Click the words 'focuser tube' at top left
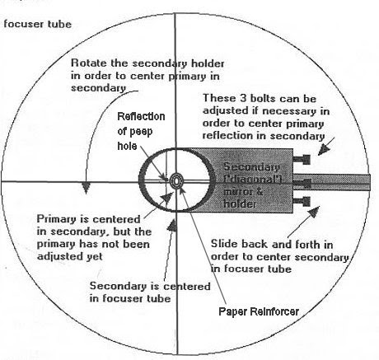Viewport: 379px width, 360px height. pyautogui.click(x=38, y=24)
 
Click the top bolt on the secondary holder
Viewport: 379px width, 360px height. pyautogui.click(x=302, y=159)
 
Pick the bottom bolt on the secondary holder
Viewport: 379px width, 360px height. pyautogui.click(x=302, y=202)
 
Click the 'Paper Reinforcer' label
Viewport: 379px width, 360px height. pyautogui.click(x=259, y=311)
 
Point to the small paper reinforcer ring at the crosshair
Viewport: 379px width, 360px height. pyautogui.click(x=175, y=181)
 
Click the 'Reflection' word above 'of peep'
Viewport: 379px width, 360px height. pyautogui.click(x=141, y=116)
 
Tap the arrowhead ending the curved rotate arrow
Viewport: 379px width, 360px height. pyautogui.click(x=86, y=188)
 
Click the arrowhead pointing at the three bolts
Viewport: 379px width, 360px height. pyautogui.click(x=324, y=149)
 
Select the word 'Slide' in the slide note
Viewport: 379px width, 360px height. pyautogui.click(x=222, y=244)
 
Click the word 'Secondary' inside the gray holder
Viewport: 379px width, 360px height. pyautogui.click(x=251, y=166)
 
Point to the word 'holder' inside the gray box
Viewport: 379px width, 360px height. pyautogui.click(x=240, y=203)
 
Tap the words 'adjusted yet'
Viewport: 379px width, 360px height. pyautogui.click(x=70, y=256)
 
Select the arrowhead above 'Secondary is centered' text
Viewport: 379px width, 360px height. pyautogui.click(x=172, y=225)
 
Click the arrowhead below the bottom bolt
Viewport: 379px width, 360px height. pyautogui.click(x=314, y=212)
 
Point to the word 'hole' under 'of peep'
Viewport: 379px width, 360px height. pyautogui.click(x=127, y=145)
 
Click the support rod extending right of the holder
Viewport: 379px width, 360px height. pyautogui.click(x=332, y=182)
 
